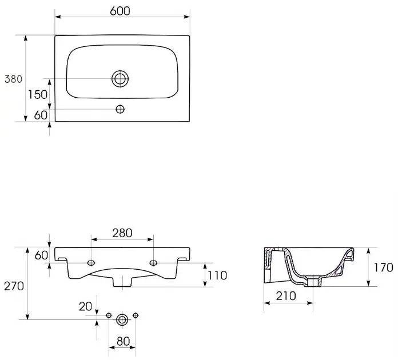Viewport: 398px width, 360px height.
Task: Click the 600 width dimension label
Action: [120, 11]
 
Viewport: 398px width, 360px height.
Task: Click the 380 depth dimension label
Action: [14, 79]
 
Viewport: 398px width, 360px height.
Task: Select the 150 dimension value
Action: [38, 95]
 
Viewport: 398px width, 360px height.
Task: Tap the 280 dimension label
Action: [122, 233]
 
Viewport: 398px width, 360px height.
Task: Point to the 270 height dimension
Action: [14, 286]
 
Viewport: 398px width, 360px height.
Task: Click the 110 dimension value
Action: [217, 275]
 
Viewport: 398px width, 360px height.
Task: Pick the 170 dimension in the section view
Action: [384, 267]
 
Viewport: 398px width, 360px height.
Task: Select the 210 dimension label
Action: [286, 296]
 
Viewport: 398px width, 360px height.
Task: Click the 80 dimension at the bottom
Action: [123, 341]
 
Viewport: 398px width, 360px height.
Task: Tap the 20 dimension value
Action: [85, 306]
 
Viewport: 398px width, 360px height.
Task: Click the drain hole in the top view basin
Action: [120, 79]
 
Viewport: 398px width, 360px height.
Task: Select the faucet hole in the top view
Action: [120, 109]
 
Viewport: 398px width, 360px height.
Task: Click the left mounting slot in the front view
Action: [91, 263]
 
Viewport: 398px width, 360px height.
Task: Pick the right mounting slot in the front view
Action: [153, 263]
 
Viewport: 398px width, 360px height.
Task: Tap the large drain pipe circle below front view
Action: [122, 319]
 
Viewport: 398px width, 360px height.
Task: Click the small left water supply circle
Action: [109, 315]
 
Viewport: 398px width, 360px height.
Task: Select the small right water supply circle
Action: [136, 315]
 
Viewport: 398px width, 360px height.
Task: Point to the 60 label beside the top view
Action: [41, 115]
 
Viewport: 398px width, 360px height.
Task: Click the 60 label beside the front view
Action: [41, 255]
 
